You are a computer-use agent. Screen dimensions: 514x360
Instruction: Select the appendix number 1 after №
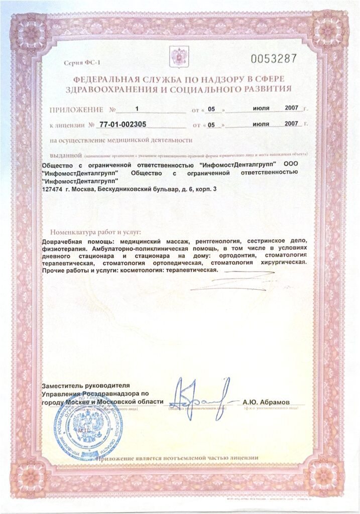(x=137, y=108)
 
